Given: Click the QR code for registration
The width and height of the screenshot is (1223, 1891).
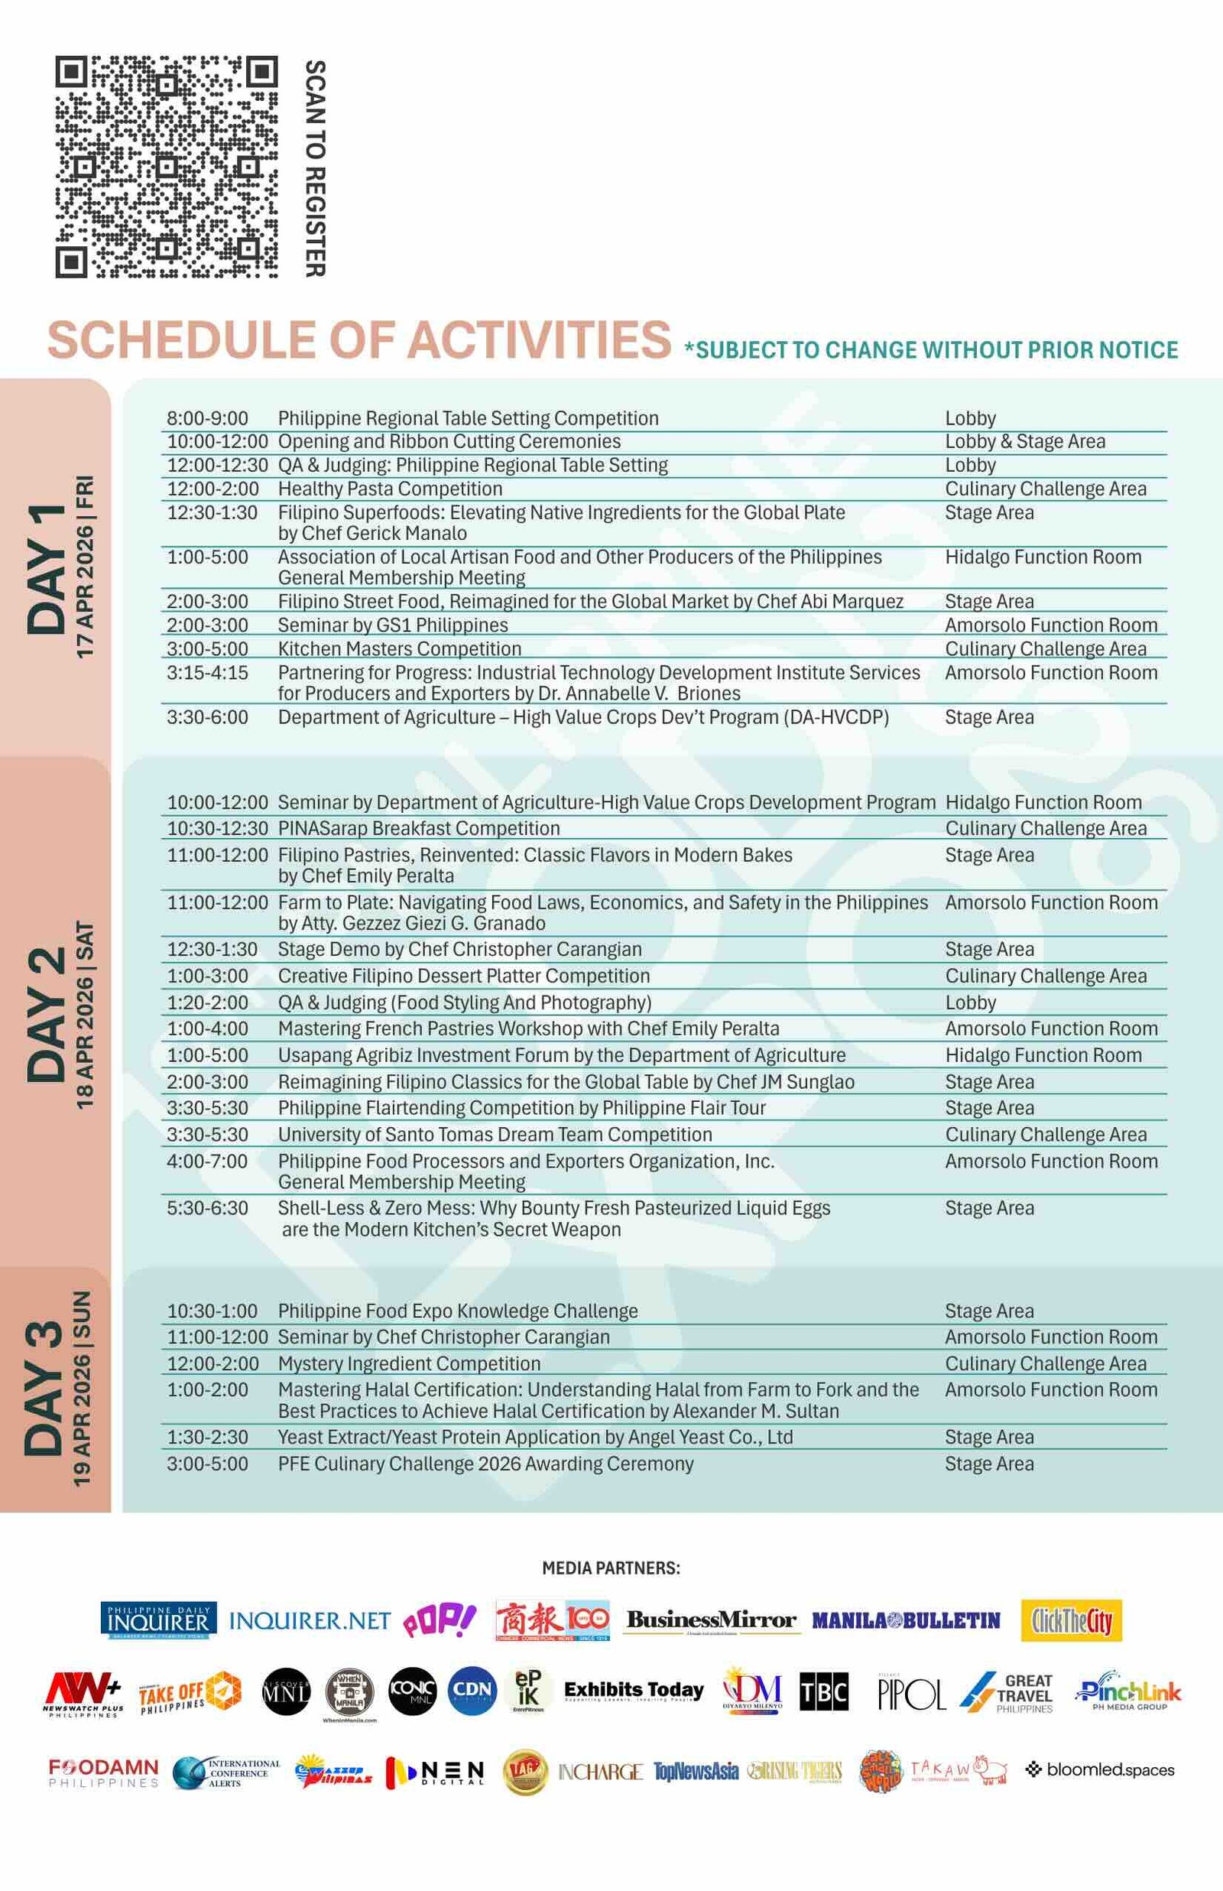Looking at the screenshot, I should tap(166, 167).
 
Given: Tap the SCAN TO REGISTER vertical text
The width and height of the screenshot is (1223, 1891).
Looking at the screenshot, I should tap(315, 167).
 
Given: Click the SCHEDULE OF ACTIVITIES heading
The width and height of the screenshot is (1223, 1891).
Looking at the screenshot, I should tap(359, 340).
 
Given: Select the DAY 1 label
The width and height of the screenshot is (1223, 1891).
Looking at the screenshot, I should tap(47, 569).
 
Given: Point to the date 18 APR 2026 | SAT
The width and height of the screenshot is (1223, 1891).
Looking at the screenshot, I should tap(84, 1014).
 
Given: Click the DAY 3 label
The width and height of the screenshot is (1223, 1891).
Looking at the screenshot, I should tap(45, 1389).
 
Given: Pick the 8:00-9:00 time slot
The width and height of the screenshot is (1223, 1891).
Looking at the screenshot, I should tap(207, 418).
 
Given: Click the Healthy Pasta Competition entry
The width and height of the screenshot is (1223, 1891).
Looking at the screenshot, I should tap(390, 489).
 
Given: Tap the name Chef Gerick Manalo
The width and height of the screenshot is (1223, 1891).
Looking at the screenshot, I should tap(372, 534).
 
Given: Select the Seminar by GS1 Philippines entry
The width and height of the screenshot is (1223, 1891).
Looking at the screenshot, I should tap(392, 625).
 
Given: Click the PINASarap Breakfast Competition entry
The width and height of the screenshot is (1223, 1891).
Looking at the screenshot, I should tap(419, 828).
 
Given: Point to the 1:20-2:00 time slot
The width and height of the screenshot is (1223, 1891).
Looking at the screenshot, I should tap(207, 1003).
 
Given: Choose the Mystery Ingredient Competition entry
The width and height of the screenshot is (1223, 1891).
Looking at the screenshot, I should tap(409, 1363).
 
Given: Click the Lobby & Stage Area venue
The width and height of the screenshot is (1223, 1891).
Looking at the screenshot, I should tap(1024, 441).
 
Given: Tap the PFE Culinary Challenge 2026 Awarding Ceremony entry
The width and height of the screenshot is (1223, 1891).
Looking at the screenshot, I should tap(485, 1464).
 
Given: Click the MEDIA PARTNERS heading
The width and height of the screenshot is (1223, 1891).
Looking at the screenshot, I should tap(611, 1568).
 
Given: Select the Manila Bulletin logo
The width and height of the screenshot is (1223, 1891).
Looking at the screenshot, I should tap(905, 1621).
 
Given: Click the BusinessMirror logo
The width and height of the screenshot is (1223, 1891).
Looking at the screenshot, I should tap(711, 1620).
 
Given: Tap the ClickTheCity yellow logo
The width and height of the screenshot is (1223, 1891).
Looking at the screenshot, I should tap(1072, 1620).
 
